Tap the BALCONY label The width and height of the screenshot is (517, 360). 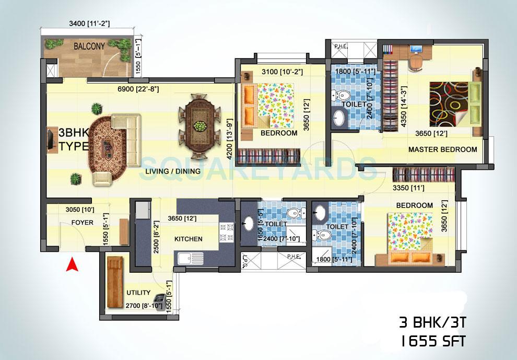point(89,46)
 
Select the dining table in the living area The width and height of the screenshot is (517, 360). point(198,125)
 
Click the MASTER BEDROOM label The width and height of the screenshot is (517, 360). point(442,149)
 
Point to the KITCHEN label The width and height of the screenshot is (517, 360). point(188,239)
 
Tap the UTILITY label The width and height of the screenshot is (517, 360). point(138,293)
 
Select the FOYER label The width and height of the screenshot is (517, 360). point(82,223)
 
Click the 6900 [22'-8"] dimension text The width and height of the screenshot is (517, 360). point(138,89)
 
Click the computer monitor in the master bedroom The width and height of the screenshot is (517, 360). point(416,51)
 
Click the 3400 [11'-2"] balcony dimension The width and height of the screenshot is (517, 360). point(92,24)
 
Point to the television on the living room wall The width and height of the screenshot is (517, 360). point(50,138)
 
